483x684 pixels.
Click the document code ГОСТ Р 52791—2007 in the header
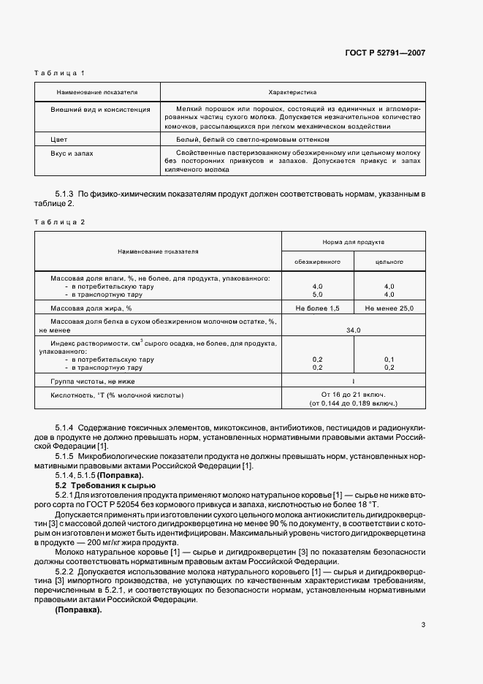384,53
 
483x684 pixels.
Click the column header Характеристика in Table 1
292,93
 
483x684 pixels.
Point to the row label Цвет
59,139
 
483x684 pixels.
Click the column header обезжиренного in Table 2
317,261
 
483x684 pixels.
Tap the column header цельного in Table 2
389,261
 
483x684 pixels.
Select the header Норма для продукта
353,241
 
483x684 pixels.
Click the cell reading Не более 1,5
317,309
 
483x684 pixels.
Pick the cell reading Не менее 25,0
389,309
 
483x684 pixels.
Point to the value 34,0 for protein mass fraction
353,330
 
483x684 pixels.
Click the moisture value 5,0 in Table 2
317,294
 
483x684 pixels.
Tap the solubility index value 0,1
389,360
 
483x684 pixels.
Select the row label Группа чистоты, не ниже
92,381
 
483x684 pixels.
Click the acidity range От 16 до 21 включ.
353,395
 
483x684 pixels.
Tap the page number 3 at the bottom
423,624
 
